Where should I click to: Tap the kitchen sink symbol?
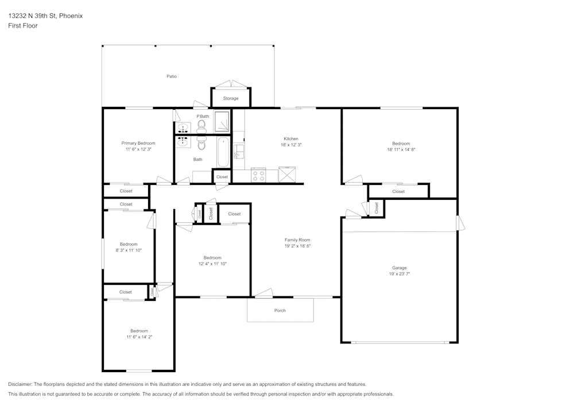[x=239, y=150]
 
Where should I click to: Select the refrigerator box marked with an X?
[x=286, y=175]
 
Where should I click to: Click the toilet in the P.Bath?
[x=201, y=125]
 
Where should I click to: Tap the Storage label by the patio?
[x=231, y=99]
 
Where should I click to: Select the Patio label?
[x=172, y=76]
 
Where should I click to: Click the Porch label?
[x=280, y=311]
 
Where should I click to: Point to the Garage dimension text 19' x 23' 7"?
[x=400, y=274]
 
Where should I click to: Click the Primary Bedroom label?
[x=138, y=143]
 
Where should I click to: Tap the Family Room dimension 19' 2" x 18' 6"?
[x=297, y=246]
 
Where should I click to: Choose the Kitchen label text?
[x=291, y=138]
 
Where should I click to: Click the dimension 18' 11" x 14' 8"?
[x=401, y=149]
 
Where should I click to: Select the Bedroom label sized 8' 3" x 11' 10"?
[x=129, y=244]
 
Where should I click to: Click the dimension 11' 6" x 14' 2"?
[x=139, y=337]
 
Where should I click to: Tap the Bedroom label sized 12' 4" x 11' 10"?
[x=212, y=258]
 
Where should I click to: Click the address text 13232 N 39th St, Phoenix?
[x=45, y=16]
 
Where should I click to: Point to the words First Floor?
[x=23, y=26]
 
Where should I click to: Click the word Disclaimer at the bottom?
[x=20, y=384]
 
